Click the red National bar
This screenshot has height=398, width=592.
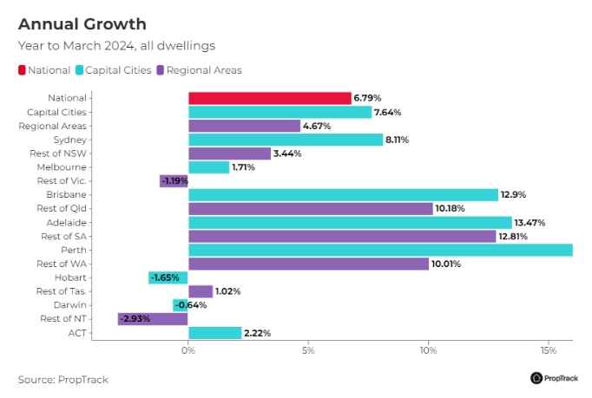(269, 98)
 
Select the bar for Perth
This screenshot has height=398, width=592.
(380, 250)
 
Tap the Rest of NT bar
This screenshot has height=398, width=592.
(153, 319)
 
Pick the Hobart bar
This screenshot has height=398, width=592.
(168, 277)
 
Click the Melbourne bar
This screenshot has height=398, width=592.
(208, 166)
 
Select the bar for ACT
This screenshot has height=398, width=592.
(214, 333)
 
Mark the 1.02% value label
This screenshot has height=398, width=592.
(227, 291)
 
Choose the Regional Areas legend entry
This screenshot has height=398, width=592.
(204, 70)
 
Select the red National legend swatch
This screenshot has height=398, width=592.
(22, 70)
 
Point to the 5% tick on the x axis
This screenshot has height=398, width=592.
(308, 351)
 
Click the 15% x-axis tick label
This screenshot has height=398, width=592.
(548, 351)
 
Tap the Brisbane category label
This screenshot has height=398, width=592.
(73, 195)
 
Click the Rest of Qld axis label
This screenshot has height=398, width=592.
(68, 209)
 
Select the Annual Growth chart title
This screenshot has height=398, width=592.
(82, 23)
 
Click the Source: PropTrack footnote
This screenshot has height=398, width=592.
(63, 379)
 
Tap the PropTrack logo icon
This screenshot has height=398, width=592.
(536, 378)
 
